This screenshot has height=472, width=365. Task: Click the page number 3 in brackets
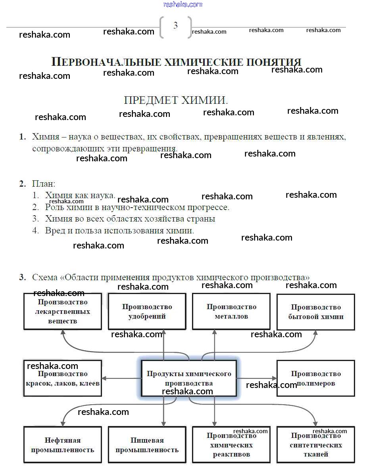point(175,26)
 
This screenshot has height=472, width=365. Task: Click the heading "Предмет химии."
point(176,100)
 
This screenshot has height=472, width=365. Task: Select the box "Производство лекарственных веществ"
point(63,311)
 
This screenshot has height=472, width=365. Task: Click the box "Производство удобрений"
point(147,311)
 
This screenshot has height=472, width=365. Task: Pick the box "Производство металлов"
point(231,311)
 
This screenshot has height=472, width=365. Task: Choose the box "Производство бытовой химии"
point(316,312)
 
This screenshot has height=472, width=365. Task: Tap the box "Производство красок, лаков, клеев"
point(63,378)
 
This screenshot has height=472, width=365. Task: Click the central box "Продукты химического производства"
point(189,378)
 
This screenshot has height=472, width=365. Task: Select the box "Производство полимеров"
point(316,378)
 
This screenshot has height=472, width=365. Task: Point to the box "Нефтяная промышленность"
point(63,445)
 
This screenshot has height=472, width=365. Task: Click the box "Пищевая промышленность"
point(147,445)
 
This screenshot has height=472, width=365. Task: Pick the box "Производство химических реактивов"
point(231,445)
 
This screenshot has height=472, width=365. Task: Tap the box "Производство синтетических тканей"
point(316,445)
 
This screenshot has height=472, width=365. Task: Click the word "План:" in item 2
point(44,184)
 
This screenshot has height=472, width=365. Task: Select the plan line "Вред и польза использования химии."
point(119,230)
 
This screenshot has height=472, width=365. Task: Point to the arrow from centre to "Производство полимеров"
point(257,378)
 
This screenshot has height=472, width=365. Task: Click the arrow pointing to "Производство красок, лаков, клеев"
point(121,378)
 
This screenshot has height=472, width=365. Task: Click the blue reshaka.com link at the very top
point(182,4)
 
